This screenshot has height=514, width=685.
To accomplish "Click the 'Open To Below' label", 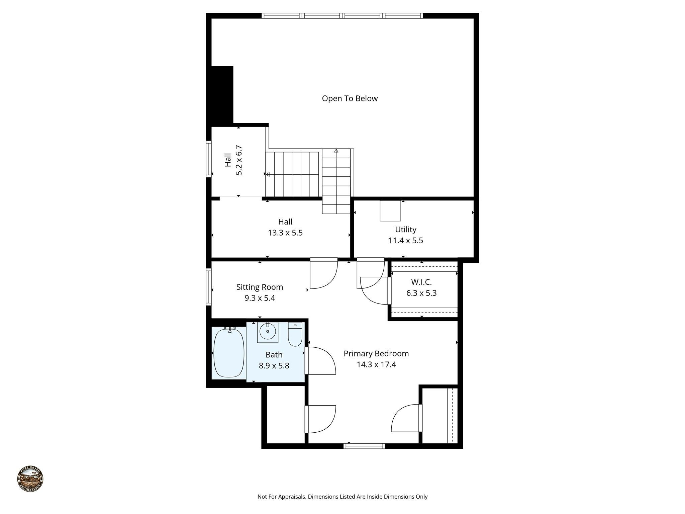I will (x=350, y=98).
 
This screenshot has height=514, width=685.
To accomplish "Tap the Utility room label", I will (x=405, y=230).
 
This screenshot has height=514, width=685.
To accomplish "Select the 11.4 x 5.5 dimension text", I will (x=405, y=241).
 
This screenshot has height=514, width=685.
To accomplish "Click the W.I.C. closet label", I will (x=421, y=282).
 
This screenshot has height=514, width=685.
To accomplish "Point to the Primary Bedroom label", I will (x=376, y=353).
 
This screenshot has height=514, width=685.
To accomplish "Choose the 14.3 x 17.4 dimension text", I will (x=376, y=364).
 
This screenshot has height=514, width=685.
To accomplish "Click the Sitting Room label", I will (x=260, y=287).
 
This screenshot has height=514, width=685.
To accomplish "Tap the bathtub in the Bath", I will (x=229, y=353).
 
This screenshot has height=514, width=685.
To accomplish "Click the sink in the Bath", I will (x=268, y=332).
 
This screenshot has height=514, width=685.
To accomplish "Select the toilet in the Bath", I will (x=295, y=335).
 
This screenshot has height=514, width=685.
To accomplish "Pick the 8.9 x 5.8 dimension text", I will (x=274, y=366).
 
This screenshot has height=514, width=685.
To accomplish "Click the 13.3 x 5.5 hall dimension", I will (x=285, y=233).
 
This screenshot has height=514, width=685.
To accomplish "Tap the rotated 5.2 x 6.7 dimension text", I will (x=239, y=160).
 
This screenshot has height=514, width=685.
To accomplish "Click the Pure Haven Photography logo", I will (x=30, y=479).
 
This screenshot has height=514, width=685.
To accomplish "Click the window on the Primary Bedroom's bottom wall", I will (x=364, y=446).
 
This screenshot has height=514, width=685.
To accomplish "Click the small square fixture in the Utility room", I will (x=390, y=211).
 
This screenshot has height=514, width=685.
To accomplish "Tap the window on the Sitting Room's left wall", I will (x=209, y=287).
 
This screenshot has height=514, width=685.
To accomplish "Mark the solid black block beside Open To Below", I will (x=222, y=95).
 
